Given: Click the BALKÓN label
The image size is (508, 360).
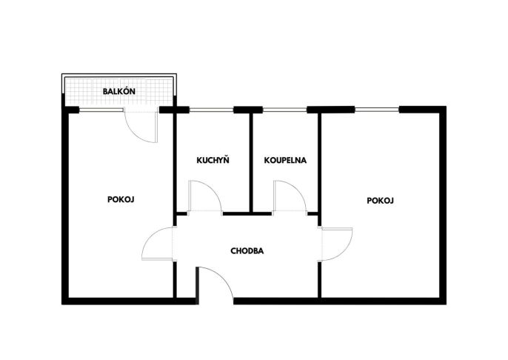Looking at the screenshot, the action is (119, 91).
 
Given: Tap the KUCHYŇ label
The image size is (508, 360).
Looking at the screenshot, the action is (213, 160).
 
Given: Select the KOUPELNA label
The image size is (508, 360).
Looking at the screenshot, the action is (285, 160).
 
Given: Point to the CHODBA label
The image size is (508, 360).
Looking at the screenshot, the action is (247, 251).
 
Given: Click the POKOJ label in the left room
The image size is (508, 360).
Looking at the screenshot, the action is (121, 199).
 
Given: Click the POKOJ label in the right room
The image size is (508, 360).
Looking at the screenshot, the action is (380, 201).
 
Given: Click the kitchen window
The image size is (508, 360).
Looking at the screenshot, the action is (211, 110).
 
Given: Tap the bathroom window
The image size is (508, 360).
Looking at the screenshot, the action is (284, 110).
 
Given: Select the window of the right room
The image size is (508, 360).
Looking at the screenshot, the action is (377, 110).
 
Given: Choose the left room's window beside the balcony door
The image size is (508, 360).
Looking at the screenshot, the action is (101, 110).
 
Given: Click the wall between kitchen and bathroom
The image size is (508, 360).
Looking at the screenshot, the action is (251, 163).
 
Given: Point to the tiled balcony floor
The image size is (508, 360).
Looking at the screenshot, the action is (119, 91).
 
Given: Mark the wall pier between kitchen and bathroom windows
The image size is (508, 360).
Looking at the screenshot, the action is (248, 110).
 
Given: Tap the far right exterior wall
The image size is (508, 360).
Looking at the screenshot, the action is (443, 205).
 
